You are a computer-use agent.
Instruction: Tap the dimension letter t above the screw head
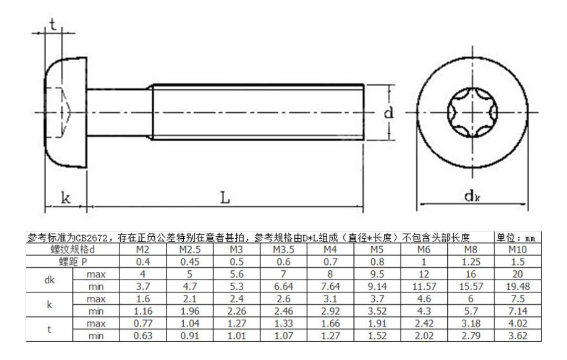(52, 25)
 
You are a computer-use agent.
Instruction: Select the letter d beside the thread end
(389, 113)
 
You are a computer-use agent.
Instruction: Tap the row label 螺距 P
(65, 260)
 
